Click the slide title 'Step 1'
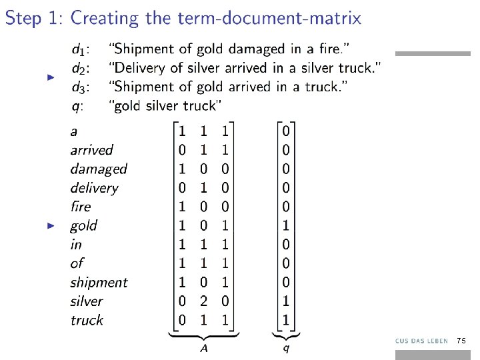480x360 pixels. pyautogui.click(x=33, y=18)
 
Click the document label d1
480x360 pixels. pyautogui.click(x=82, y=49)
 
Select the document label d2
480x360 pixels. pyautogui.click(x=82, y=67)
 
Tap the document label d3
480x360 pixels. pyautogui.click(x=82, y=87)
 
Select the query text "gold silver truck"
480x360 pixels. pyautogui.click(x=167, y=105)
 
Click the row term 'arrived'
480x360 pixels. pyautogui.click(x=91, y=151)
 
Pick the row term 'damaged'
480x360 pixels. pyautogui.click(x=98, y=169)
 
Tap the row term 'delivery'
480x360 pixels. pyautogui.click(x=94, y=188)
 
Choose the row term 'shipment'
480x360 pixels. pyautogui.click(x=99, y=283)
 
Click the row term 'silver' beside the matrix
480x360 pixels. pyautogui.click(x=87, y=301)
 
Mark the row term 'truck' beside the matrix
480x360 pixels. pyautogui.click(x=87, y=321)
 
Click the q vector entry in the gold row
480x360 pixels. pyautogui.click(x=285, y=225)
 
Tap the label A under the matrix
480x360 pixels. pyautogui.click(x=203, y=349)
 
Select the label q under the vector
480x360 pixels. pyautogui.click(x=286, y=349)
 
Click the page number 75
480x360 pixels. pyautogui.click(x=461, y=341)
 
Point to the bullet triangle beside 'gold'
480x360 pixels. pyautogui.click(x=50, y=225)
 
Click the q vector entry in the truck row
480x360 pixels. pyautogui.click(x=285, y=321)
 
